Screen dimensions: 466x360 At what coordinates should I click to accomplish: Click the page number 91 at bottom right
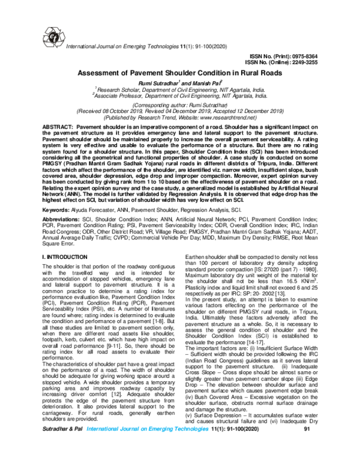point(308,447)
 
